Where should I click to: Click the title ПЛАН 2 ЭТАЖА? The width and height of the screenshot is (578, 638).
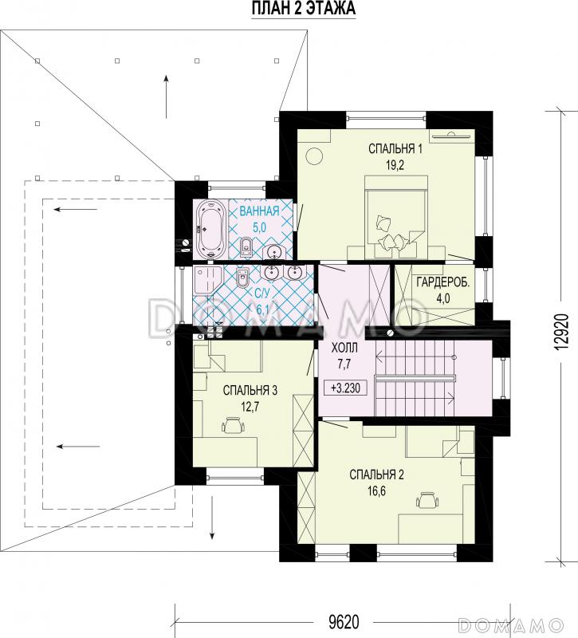coord(304,9)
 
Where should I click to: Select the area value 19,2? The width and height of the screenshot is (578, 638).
coord(395,165)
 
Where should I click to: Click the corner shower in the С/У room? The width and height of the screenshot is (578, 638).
coord(206,280)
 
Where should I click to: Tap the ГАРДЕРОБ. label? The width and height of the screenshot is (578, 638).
coord(443,282)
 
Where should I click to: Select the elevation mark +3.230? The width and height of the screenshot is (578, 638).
coord(345,388)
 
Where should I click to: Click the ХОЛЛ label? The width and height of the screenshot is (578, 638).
coord(344,349)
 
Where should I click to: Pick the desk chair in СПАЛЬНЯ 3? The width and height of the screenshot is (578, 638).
coord(234,425)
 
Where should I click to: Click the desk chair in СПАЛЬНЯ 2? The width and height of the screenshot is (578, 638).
coord(427,500)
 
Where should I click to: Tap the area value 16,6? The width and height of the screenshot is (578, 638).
coord(376,491)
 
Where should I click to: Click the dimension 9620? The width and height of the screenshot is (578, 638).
coord(344,622)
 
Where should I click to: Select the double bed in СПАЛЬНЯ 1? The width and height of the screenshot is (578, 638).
coord(396,217)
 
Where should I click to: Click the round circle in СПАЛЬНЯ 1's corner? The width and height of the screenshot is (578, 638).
coord(314,156)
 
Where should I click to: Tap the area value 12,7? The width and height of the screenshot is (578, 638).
coord(250,407)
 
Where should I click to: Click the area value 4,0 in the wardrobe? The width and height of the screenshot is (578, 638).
coord(443,298)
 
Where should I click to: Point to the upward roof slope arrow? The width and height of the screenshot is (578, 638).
coord(166,96)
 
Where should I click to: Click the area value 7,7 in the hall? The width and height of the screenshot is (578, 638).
coord(344,364)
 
